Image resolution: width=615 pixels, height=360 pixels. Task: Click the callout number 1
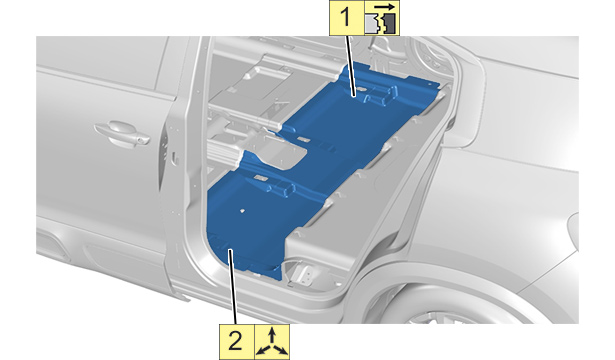346,18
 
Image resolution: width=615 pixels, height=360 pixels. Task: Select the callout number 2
235,341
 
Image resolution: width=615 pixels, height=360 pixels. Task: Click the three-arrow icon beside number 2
272,342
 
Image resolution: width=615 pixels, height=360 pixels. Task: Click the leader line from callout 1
350,65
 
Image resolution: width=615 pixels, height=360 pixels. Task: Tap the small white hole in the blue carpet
243,211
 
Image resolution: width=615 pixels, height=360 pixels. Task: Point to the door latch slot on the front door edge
176,160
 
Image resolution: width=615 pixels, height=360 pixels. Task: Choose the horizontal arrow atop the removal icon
385,7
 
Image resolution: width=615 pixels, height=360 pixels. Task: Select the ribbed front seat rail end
223,152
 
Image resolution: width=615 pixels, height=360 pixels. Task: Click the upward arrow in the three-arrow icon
272,336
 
